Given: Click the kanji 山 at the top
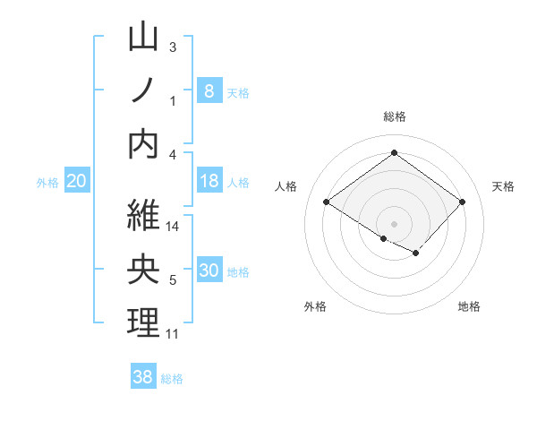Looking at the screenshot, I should point(144,39).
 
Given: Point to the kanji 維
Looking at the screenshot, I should point(144,216).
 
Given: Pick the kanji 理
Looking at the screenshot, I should point(144,323).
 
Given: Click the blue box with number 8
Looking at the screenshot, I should point(209,90).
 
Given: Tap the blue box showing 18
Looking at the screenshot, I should point(209,181).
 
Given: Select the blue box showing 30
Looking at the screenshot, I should point(209,271).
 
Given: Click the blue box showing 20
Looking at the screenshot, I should point(76,181).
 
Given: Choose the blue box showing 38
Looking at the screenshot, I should point(143,377).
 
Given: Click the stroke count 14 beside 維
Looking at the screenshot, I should point(174,227).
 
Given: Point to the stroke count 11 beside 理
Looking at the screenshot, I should point(173,334).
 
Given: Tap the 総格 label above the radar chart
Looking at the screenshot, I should point(394,116).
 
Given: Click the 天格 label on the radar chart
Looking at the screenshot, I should point(504,186).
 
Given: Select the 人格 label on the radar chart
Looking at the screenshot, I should point(286,186).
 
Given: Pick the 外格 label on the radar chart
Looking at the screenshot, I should point(315,306).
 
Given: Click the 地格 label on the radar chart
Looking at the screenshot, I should point(469,306).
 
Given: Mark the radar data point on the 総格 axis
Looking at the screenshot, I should point(394,153).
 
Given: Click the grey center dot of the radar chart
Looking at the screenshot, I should point(394,223).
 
